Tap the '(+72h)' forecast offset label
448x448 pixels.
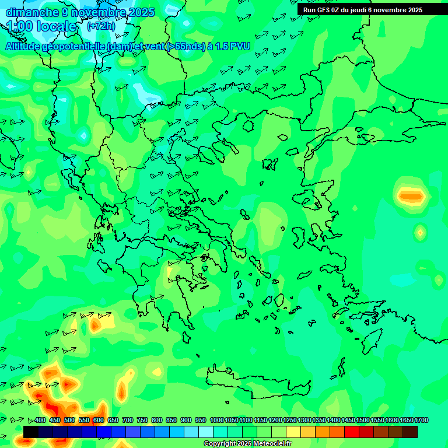[x=101, y=26]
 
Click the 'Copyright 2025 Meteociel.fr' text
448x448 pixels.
[x=247, y=443]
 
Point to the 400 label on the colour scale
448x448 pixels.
[x=40, y=421]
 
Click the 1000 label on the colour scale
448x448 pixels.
[x=216, y=421]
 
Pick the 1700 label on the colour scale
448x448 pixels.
[x=421, y=421]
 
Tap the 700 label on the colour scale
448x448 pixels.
[x=128, y=421]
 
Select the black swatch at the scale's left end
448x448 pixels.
[x=31, y=432]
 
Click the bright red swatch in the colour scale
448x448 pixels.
[x=352, y=432]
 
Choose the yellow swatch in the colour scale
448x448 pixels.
[x=293, y=432]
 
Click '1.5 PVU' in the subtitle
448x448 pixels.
[x=233, y=46]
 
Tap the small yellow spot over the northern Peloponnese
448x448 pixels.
[x=170, y=271]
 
